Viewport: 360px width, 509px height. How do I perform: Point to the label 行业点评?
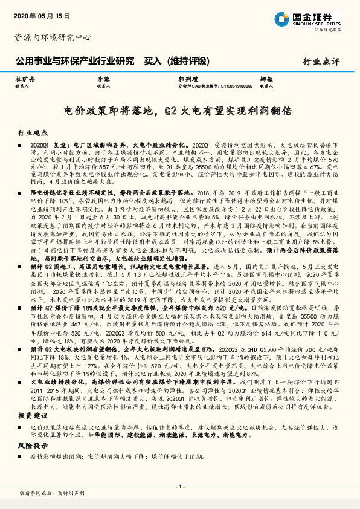coord(321,61)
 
